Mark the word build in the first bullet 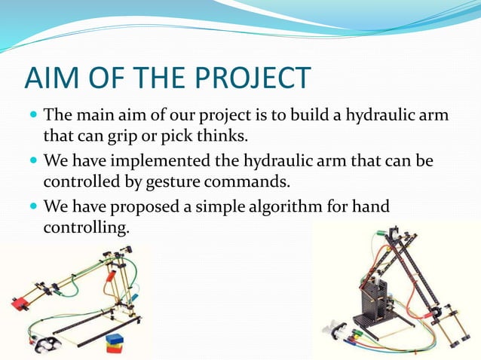302,117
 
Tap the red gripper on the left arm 18,304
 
